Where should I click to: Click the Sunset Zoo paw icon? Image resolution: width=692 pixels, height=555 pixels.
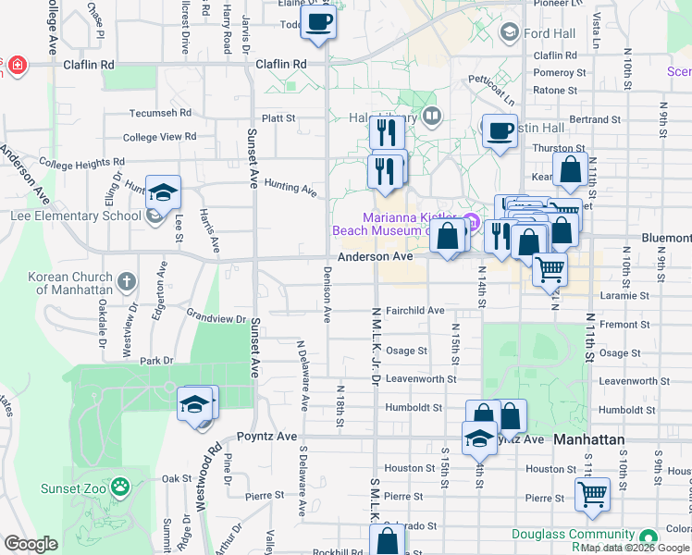click(x=119, y=487)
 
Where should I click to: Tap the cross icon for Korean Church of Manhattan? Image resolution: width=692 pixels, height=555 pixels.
click(x=127, y=279)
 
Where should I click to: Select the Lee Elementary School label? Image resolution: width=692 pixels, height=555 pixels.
click(x=76, y=216)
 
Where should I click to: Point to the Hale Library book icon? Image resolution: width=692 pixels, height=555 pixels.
click(x=431, y=117)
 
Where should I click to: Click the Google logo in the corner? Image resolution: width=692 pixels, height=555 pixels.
click(x=31, y=543)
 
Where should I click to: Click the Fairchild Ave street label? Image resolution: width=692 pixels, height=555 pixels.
click(x=415, y=311)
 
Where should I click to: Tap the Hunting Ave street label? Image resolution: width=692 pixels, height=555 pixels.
click(x=290, y=188)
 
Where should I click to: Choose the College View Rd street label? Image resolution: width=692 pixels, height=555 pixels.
click(x=160, y=137)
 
